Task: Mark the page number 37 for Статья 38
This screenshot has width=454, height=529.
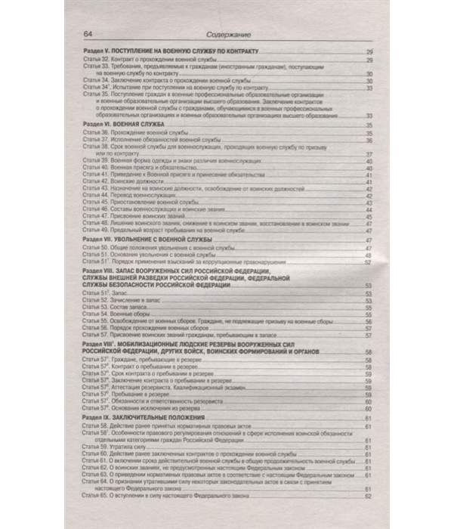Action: coord(368,155)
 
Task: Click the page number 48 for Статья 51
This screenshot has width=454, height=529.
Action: coord(368,258)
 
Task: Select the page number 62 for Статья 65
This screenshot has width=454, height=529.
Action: coord(368,496)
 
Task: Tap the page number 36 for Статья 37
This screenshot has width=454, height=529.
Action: coord(368,140)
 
